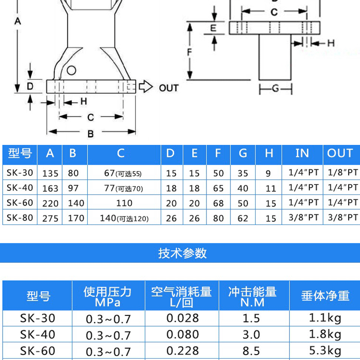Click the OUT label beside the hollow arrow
point(169,88)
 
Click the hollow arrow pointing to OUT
point(145,86)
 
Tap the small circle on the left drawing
point(71,70)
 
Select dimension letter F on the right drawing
point(190,52)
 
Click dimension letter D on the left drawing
point(30,86)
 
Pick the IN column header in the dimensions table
point(302,154)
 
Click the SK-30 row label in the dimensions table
point(20,172)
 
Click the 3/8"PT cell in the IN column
point(303,218)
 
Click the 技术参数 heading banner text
point(182,253)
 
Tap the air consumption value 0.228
point(182,350)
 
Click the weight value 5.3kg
point(325,350)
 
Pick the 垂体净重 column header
point(325,296)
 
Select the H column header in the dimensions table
point(269,154)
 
